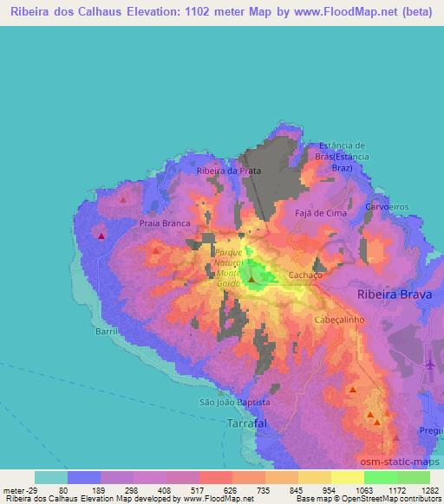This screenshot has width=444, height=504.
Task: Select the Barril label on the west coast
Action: pos(106,330)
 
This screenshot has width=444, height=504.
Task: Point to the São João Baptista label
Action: pos(235,403)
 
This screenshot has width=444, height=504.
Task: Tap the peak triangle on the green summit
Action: pos(251,279)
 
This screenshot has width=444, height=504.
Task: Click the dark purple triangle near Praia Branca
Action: pos(101,236)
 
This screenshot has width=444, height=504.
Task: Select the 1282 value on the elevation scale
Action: pos(429,489)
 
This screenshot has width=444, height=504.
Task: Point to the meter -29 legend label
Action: pos(19,489)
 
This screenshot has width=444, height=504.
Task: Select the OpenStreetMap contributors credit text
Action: pos(386,499)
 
